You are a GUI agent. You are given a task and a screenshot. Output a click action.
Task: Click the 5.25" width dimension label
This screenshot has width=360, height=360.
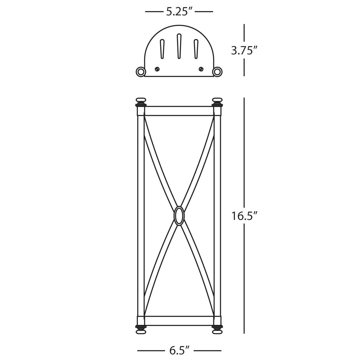click(x=179, y=12)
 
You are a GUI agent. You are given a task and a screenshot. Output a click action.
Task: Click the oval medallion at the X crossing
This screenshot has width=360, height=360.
click(x=179, y=216)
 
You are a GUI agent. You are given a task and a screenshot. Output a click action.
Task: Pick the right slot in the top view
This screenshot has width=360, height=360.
click(x=196, y=49)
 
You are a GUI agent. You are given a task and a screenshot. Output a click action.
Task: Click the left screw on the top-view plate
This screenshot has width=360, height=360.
click(x=157, y=69)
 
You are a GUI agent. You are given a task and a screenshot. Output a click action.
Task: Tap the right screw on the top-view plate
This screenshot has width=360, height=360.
click(x=201, y=69)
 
